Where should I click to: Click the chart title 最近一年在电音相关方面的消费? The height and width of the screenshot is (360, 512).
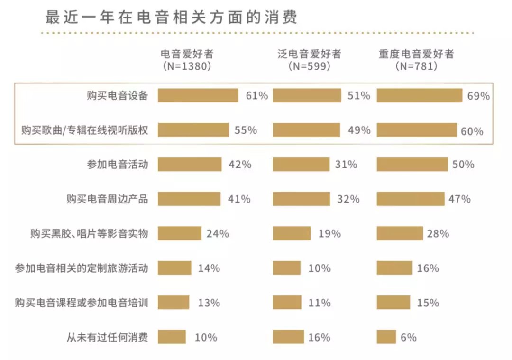171,17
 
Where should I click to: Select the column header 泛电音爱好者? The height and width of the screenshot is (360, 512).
309,54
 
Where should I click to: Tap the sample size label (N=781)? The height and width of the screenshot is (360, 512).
416,66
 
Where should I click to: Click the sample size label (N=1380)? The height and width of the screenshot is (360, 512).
187,66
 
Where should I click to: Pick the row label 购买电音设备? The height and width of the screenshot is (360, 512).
118,95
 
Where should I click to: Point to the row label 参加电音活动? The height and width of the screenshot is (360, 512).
118,165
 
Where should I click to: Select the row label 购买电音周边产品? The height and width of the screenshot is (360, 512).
107,199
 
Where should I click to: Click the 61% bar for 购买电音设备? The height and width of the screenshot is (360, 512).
198,95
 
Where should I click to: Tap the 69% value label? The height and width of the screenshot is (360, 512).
478,96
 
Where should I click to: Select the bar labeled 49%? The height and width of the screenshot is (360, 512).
306,130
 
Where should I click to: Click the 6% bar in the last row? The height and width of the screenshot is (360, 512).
386,337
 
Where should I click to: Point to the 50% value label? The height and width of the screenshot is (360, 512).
463,165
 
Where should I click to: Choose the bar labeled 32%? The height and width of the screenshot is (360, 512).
301,199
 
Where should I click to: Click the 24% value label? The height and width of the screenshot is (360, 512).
218,233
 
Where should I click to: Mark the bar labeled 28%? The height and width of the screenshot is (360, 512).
399,233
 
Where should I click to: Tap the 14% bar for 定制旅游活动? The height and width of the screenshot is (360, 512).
174,268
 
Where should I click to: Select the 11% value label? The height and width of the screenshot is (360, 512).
319,303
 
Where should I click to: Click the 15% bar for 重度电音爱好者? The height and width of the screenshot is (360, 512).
393,303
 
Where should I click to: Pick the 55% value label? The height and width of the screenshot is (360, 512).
246,130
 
